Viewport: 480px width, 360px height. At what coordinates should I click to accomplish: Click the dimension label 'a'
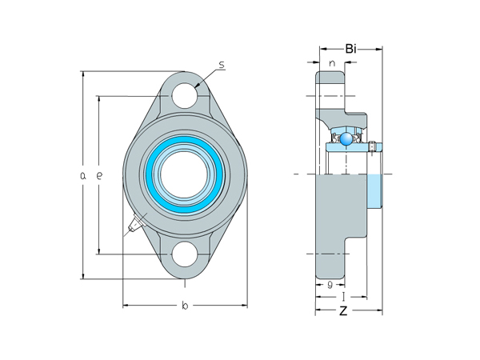click(x=83, y=175)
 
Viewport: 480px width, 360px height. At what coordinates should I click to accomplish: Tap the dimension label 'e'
click(x=99, y=175)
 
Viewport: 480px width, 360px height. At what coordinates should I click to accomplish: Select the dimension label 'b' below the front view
click(x=184, y=305)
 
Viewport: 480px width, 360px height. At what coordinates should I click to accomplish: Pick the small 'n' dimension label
click(x=330, y=63)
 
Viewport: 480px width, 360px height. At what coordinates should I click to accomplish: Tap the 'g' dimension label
click(x=330, y=284)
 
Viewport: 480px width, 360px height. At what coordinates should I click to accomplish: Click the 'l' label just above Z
click(x=342, y=296)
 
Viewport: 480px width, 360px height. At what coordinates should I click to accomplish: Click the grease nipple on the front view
click(x=131, y=226)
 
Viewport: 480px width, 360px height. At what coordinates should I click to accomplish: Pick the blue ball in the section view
click(x=346, y=140)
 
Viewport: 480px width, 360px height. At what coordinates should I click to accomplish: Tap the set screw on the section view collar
click(x=372, y=146)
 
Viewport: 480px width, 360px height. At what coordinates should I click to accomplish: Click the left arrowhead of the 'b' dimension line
click(x=125, y=305)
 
